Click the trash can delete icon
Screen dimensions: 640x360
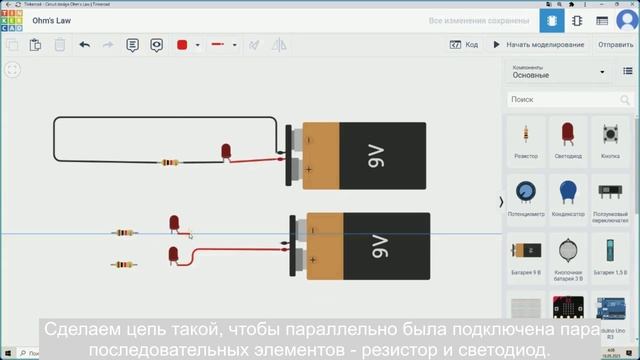point(60,45)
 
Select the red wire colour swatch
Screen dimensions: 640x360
point(182,45)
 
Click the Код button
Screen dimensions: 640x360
point(464,45)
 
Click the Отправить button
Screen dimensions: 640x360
point(614,45)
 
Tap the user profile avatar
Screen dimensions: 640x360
point(626,21)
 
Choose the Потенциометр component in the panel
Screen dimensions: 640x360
point(526,194)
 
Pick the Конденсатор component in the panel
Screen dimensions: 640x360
point(567,194)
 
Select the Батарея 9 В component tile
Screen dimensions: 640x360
point(526,254)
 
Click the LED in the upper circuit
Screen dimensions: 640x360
point(225,151)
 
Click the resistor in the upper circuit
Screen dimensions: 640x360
point(170,162)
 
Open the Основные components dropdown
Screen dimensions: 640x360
point(560,72)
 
